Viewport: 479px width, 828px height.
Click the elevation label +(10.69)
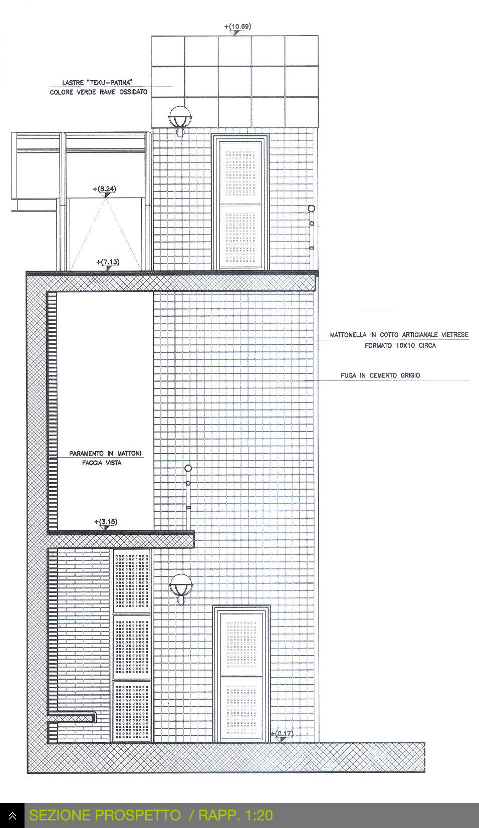[237, 27]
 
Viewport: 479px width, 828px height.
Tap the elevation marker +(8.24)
[104, 189]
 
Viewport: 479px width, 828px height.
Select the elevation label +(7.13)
[108, 262]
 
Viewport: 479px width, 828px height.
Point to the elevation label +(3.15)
[106, 522]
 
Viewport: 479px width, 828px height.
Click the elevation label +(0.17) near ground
[282, 733]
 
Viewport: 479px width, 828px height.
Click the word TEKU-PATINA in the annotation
[111, 83]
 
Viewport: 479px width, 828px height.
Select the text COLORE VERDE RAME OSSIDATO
[99, 92]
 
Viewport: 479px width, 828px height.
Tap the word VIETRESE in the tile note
[455, 334]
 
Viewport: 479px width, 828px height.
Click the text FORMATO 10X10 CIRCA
[400, 346]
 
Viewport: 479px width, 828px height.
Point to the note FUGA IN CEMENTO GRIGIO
[380, 375]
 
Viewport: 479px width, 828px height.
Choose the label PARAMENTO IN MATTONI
[105, 454]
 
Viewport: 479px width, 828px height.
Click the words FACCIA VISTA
[102, 463]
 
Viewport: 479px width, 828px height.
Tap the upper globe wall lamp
[180, 120]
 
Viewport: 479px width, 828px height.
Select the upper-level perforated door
[240, 202]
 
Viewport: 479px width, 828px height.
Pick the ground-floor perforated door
[242, 673]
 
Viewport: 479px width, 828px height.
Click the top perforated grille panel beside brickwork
[132, 581]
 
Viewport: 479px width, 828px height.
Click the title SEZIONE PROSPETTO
[105, 815]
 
